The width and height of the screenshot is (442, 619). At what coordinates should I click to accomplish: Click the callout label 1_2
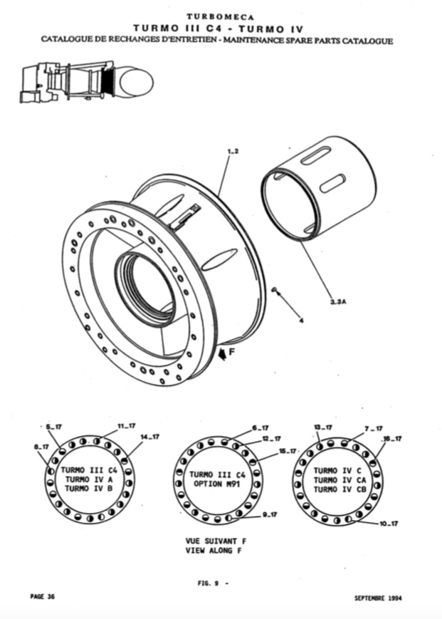point(233,151)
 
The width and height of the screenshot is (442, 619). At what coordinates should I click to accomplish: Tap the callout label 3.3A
point(338,302)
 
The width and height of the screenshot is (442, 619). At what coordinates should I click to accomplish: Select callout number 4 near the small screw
point(302,321)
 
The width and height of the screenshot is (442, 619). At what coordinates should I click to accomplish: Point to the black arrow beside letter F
point(223,354)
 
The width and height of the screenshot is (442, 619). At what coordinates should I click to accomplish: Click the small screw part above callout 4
point(275,290)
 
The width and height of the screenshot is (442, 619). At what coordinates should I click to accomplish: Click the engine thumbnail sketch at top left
point(86,83)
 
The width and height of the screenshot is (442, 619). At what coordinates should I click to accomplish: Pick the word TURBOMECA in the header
point(221,17)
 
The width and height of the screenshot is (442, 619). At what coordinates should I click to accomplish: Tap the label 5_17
point(54,427)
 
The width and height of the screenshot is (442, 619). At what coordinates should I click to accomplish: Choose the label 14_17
point(150,437)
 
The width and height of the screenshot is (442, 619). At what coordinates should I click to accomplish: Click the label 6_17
point(261,428)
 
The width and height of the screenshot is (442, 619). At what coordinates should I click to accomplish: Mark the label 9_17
point(270,515)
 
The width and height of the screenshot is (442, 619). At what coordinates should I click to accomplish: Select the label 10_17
point(389,524)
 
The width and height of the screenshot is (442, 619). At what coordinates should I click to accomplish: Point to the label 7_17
point(374,429)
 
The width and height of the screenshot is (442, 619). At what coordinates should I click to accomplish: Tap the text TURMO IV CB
point(340,489)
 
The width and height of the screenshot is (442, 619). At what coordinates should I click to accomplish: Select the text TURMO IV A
point(89,479)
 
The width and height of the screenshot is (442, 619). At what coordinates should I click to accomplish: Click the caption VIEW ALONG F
point(214,551)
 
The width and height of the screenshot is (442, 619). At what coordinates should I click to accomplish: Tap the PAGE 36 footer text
point(43,596)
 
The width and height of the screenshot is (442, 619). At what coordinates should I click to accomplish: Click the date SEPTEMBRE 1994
point(378,598)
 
